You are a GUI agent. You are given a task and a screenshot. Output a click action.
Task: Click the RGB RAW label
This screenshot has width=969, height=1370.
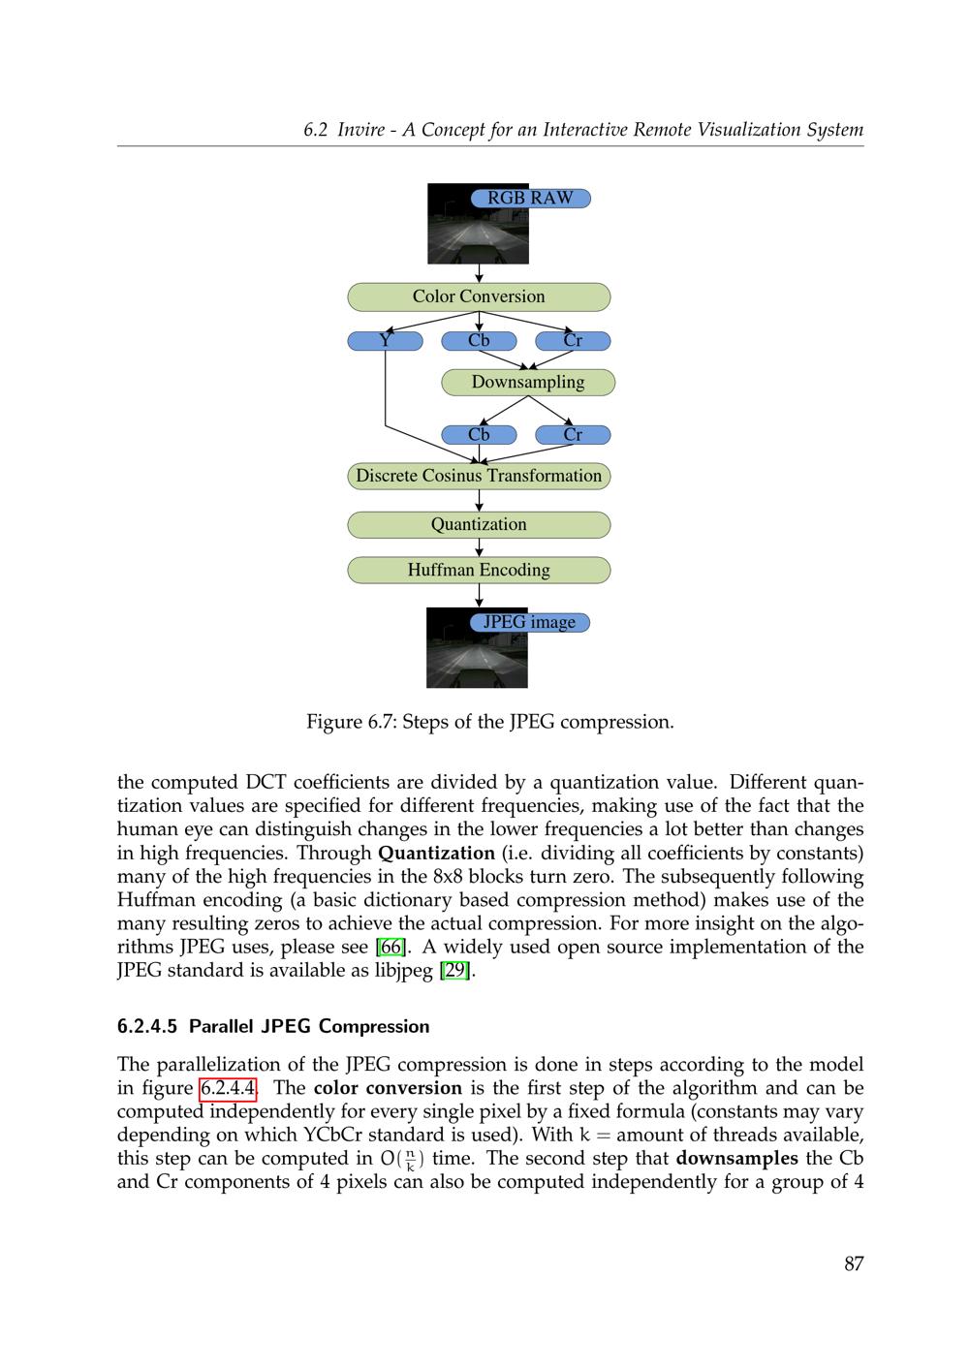point(530,199)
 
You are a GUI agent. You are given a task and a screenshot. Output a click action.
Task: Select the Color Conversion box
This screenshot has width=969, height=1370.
point(479,297)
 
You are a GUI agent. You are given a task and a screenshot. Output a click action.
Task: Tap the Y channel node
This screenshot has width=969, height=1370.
point(385,341)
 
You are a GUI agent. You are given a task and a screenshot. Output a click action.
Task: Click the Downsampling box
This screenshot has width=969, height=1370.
point(528,383)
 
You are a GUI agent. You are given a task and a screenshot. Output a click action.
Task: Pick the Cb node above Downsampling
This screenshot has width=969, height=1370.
point(479,341)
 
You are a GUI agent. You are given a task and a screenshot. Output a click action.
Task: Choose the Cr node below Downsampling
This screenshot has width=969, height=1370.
point(573,435)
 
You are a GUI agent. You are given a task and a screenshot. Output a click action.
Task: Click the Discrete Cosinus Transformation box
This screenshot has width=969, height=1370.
point(479,476)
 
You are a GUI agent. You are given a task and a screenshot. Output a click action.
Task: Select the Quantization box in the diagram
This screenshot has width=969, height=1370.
point(479,525)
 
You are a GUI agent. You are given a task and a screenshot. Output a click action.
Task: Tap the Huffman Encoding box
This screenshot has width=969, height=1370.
point(479,571)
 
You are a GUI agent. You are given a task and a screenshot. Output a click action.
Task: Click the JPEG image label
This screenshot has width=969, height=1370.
point(529,622)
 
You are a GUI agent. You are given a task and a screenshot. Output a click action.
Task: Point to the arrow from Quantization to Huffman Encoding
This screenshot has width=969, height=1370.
point(479,547)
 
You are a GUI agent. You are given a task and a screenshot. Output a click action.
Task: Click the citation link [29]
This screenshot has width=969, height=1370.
point(455,971)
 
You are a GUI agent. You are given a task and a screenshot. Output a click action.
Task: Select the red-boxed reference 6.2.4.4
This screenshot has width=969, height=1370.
point(228,1089)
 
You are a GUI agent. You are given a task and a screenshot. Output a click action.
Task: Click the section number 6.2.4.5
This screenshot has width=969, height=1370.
point(147,1027)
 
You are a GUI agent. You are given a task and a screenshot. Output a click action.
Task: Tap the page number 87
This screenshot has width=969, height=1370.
point(853,1264)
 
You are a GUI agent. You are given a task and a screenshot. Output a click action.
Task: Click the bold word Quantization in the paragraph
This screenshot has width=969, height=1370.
point(436,854)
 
